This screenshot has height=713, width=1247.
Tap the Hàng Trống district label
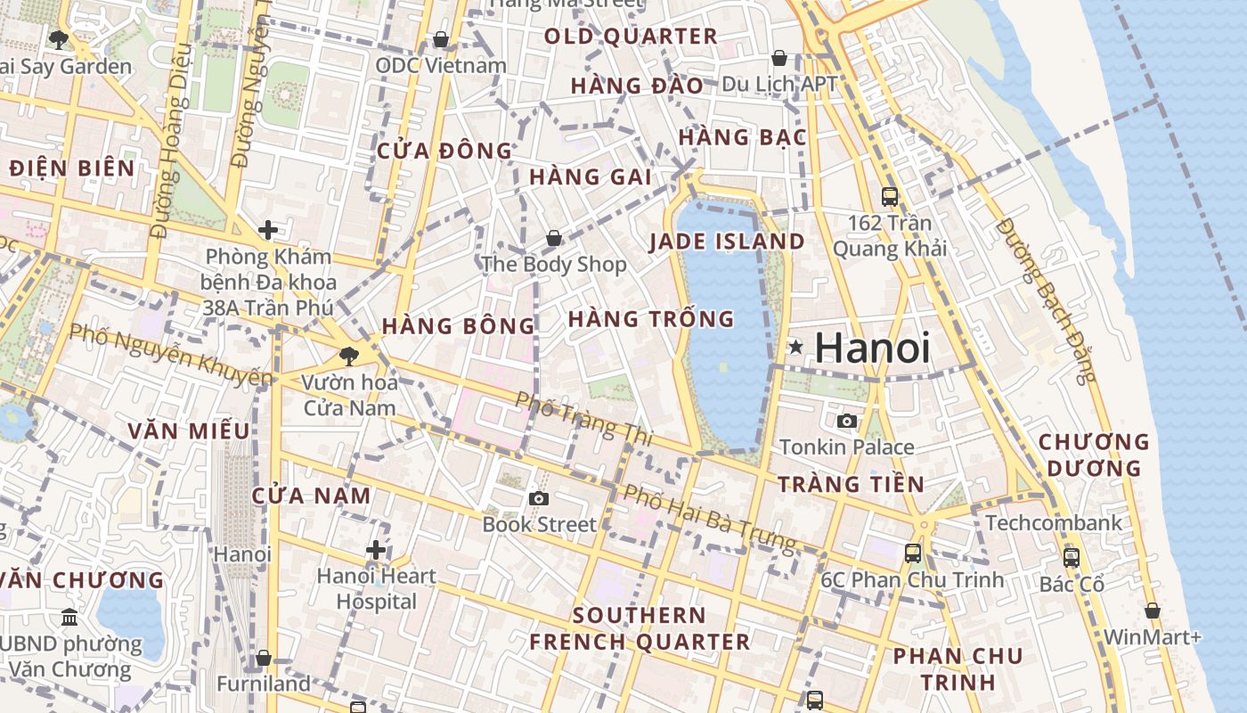[x=650, y=318]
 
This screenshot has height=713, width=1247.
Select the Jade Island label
[x=727, y=242]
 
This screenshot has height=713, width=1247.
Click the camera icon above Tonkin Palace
[x=846, y=421]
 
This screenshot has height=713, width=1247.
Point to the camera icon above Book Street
[x=538, y=498]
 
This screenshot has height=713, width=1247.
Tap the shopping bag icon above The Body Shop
[x=553, y=238]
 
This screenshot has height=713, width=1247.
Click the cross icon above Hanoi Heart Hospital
[x=376, y=550]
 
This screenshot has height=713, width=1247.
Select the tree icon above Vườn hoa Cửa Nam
[x=348, y=356]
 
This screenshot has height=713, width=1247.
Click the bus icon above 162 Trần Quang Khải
[x=889, y=197]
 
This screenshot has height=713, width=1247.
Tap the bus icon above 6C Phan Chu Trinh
[x=913, y=553]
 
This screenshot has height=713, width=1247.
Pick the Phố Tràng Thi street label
[x=583, y=419]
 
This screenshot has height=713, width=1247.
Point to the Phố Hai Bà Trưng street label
[x=709, y=518]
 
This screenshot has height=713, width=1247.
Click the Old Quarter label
[x=631, y=37]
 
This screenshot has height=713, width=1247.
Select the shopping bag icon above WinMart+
[x=1152, y=611]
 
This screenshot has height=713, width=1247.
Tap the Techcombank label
[x=1054, y=522]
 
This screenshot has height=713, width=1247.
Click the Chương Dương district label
[x=1094, y=455]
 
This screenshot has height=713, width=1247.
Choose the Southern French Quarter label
[x=640, y=628]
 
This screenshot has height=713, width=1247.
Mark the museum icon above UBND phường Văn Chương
[x=69, y=617]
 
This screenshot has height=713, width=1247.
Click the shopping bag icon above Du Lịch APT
[x=779, y=58]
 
